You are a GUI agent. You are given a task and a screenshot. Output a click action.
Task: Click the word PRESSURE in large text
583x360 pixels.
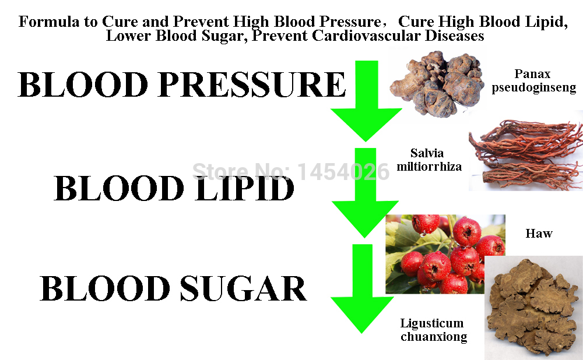click(x=252, y=84)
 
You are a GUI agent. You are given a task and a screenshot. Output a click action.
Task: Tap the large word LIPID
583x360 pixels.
click(x=245, y=188)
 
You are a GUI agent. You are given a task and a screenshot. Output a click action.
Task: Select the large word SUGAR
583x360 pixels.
click(x=244, y=289)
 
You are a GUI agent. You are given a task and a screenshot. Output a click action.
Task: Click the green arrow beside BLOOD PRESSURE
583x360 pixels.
click(x=366, y=101)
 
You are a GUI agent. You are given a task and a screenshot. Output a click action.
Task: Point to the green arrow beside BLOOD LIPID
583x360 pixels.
click(x=365, y=192)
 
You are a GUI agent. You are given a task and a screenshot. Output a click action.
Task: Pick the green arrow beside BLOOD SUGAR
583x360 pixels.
click(x=362, y=289)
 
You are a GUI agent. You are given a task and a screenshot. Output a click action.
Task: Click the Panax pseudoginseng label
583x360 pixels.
click(x=533, y=80)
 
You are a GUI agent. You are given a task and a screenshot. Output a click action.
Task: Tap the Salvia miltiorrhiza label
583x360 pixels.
click(x=429, y=160)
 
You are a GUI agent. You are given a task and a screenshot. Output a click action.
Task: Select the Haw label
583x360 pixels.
click(x=539, y=234)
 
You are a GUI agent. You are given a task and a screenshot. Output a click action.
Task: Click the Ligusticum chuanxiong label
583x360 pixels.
click(x=433, y=330)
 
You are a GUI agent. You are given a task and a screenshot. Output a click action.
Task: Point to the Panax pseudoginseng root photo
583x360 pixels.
click(x=437, y=83)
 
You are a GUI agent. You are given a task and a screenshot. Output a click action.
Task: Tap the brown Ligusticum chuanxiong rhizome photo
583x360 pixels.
click(x=534, y=308)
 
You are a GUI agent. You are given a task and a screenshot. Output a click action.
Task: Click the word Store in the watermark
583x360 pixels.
click(x=219, y=172)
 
